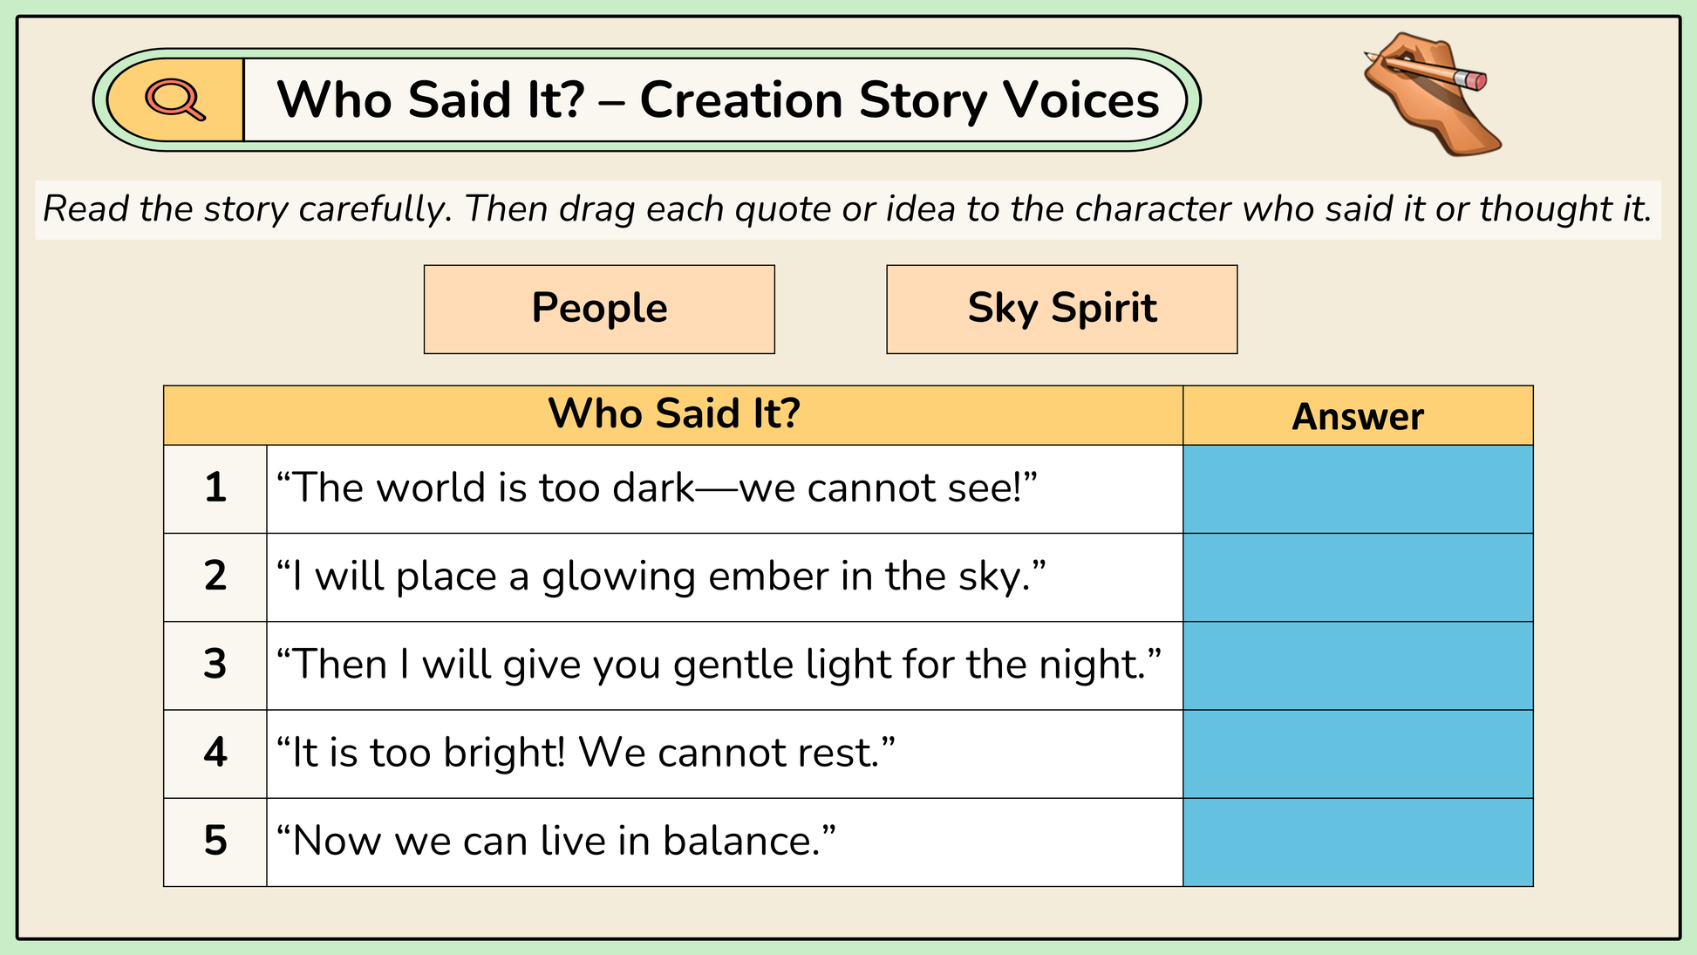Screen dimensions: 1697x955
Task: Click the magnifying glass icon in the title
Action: (x=175, y=99)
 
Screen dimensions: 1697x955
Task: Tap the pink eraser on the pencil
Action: (x=1473, y=80)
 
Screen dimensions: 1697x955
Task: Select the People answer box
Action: (x=599, y=310)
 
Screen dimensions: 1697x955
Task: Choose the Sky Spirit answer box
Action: (x=1062, y=310)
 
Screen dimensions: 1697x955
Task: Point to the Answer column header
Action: (x=1358, y=416)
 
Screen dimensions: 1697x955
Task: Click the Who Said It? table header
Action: (x=673, y=414)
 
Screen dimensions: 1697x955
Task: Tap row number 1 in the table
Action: (x=215, y=488)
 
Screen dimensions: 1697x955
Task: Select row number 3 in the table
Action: (x=215, y=665)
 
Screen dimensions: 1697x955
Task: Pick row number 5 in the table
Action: (x=215, y=841)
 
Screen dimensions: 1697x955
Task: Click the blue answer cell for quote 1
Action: (x=1358, y=489)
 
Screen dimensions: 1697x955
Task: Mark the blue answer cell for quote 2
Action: (x=1358, y=577)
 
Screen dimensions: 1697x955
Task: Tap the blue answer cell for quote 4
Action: (x=1358, y=754)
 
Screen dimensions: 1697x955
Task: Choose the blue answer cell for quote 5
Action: (x=1358, y=842)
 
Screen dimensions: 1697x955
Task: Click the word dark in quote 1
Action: (x=654, y=488)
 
